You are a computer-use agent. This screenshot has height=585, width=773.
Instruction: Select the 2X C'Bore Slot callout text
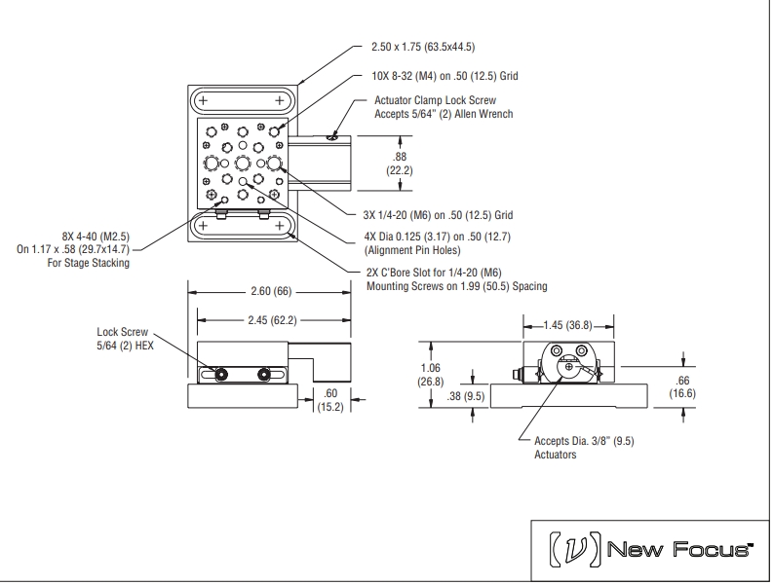click(455, 278)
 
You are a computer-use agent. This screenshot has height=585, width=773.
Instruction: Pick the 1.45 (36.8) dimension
click(568, 323)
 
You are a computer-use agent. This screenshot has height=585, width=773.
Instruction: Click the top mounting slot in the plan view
click(241, 100)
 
